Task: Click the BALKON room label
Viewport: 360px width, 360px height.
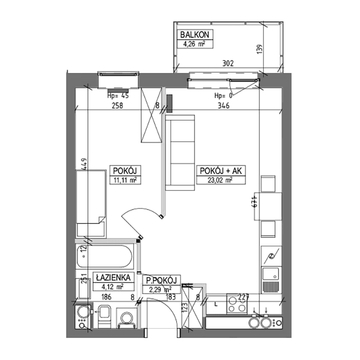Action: coord(195,35)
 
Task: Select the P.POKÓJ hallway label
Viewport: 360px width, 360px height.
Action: coord(162,280)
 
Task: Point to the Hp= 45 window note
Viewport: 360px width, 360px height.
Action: coord(118,96)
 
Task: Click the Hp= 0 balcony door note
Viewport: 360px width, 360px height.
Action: coord(223,96)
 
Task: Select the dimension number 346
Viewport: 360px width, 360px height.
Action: coord(221,106)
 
